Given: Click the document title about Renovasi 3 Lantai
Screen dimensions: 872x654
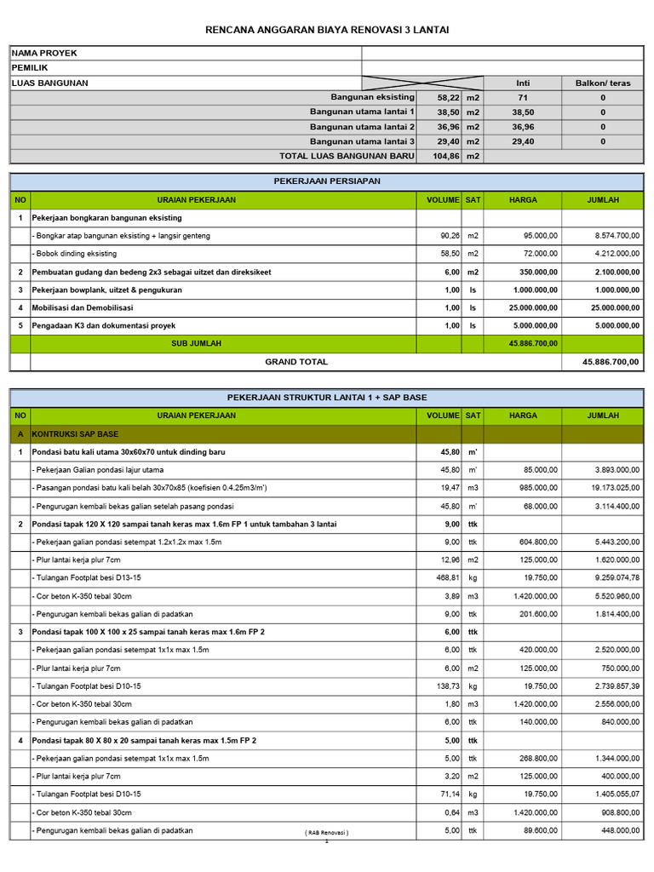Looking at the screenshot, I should coord(327,30).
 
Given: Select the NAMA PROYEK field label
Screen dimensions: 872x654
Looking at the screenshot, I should coord(44,53).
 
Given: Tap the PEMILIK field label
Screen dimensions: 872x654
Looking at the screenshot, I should coord(30,67).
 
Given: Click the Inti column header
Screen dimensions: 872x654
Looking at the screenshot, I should coord(523,83).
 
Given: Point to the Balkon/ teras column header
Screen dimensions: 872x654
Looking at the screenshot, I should coord(603,83).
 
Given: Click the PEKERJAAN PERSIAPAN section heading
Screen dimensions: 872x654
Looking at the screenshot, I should coord(327,182).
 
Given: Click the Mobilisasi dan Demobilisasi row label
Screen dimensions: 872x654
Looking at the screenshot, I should coord(83,307).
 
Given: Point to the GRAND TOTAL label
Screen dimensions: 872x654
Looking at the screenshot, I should coord(296,362).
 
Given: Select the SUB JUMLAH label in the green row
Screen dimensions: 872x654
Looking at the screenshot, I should coord(197,343).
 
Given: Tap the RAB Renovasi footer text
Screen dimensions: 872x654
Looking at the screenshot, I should coord(327,832).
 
